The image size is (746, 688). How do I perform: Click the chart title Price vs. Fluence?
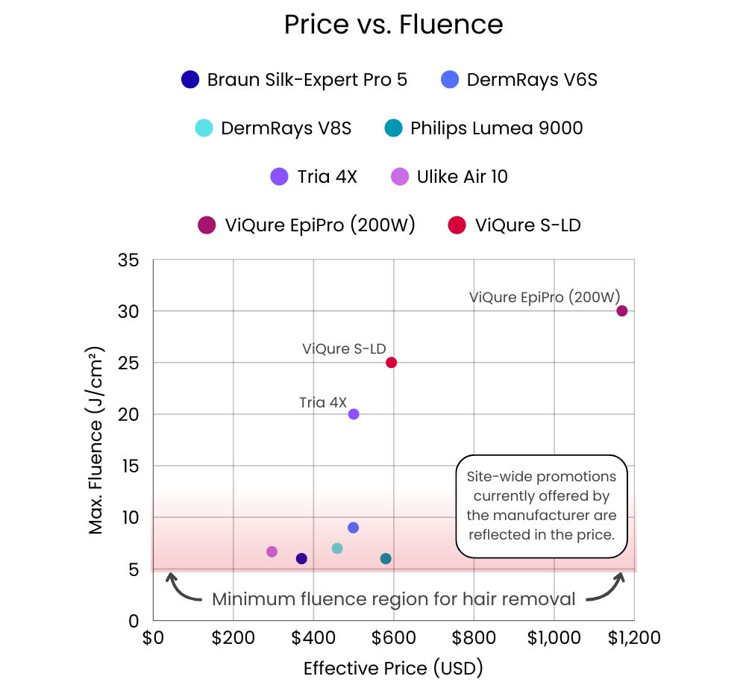[393, 25]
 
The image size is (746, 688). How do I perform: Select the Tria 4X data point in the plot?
[354, 414]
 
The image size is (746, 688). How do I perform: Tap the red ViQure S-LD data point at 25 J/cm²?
[391, 363]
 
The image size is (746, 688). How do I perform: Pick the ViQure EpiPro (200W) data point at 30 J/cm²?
[621, 310]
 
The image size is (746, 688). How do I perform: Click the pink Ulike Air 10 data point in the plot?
[272, 551]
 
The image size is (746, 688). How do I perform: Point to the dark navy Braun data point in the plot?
[301, 559]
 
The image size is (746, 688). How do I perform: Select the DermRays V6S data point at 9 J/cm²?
[354, 528]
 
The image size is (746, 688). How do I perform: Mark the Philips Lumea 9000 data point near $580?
[386, 559]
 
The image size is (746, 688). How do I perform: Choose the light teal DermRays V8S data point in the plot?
[337, 548]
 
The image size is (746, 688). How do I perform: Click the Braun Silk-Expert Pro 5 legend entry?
[295, 80]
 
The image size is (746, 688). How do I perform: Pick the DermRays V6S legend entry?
[519, 80]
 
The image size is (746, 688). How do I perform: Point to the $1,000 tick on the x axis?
[554, 639]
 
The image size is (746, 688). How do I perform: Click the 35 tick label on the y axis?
[128, 260]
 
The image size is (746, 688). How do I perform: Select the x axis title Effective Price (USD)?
[393, 668]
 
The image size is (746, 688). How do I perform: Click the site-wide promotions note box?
[542, 506]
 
